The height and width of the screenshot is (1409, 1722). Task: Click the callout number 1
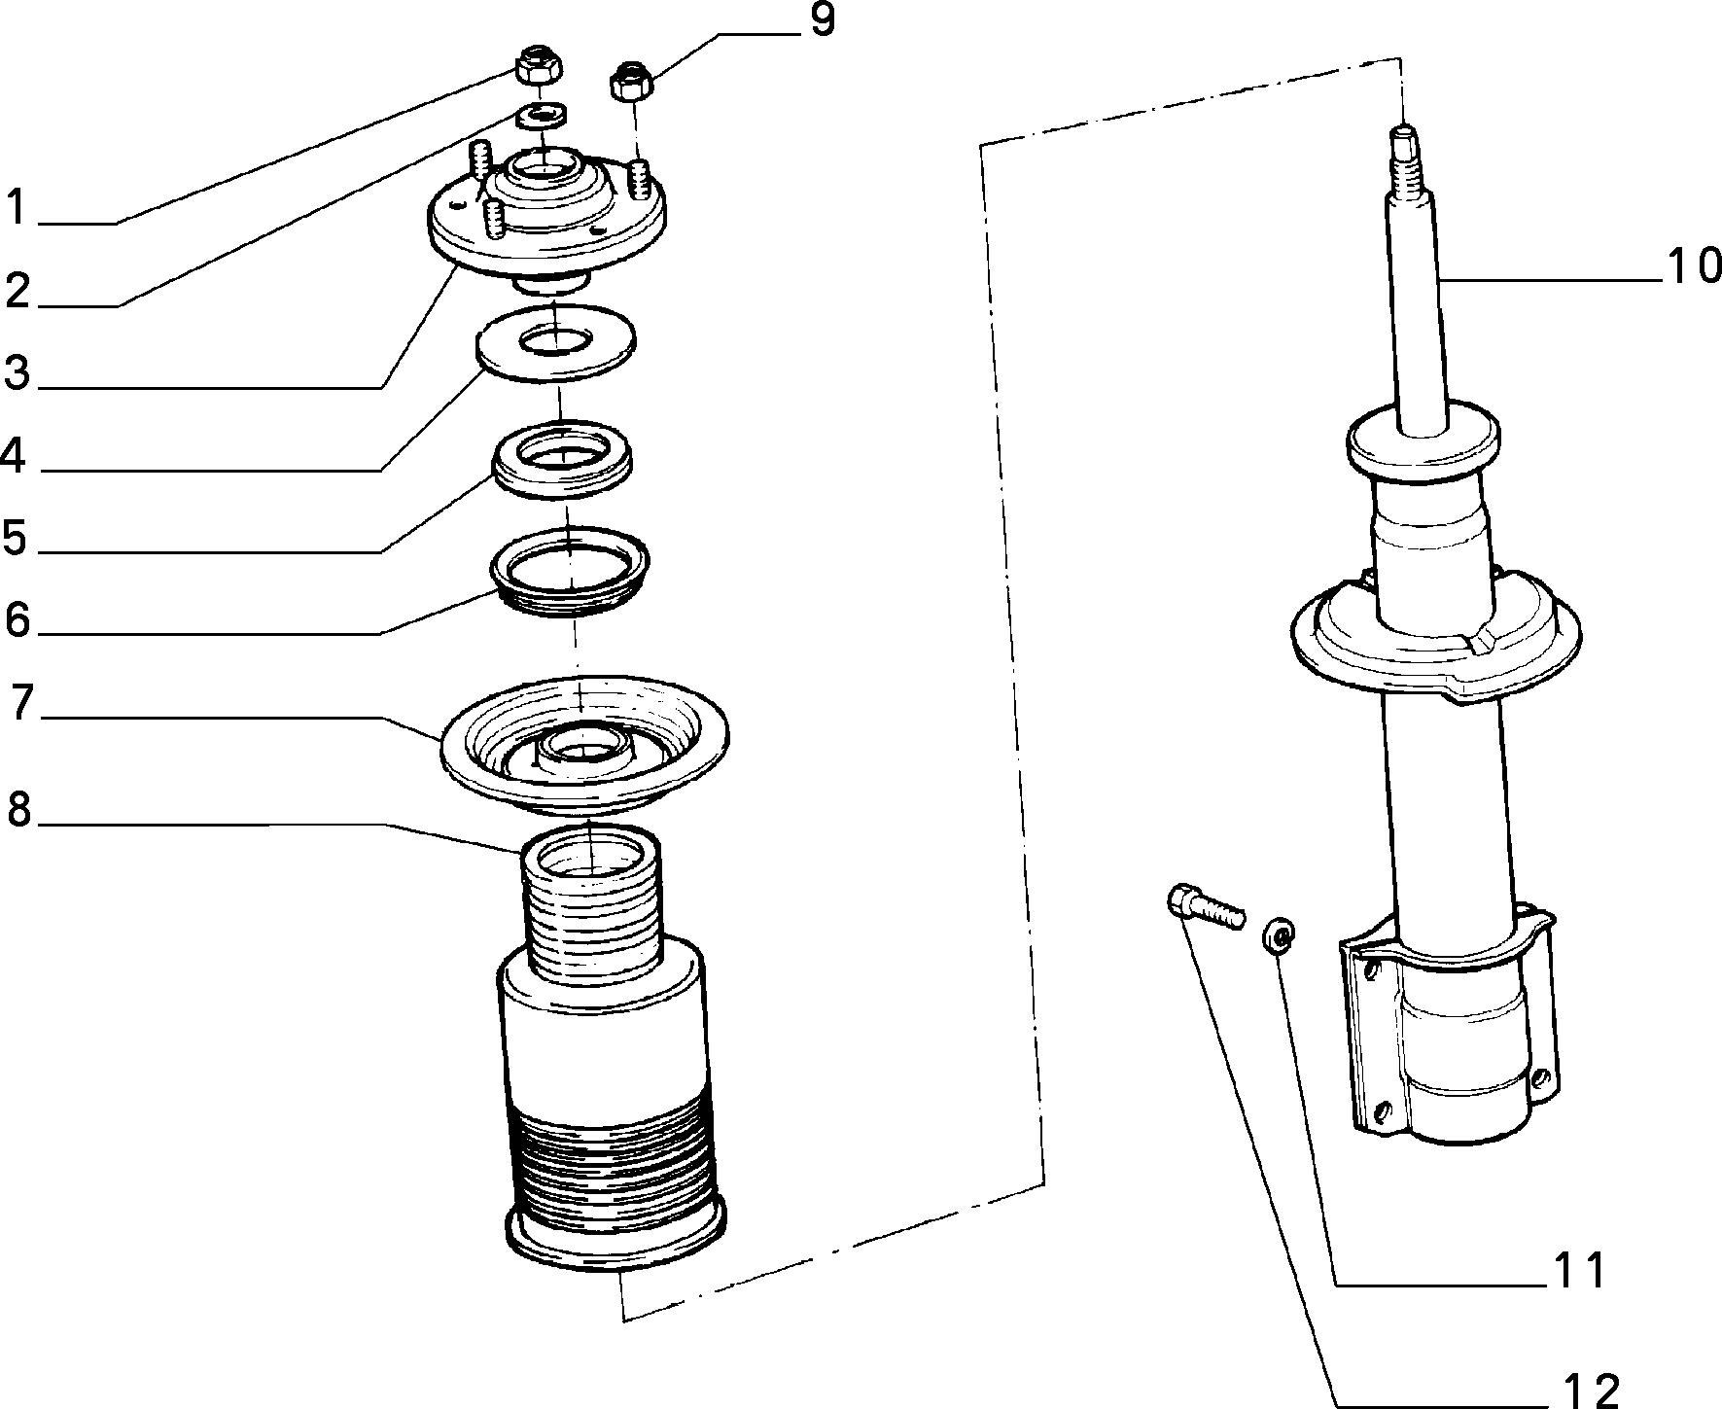click(x=16, y=208)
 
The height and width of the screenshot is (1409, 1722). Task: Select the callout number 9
click(x=822, y=21)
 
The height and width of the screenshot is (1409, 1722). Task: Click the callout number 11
click(x=1581, y=1270)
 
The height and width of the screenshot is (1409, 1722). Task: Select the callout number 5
click(x=14, y=538)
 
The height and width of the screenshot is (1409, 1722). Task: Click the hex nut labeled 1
click(x=539, y=66)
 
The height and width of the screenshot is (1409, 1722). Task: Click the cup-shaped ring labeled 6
click(x=570, y=574)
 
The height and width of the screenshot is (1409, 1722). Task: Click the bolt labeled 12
click(x=1204, y=905)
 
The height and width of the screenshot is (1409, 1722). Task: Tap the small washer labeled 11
click(x=1280, y=937)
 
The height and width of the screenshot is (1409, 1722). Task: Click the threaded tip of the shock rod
click(x=1406, y=156)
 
